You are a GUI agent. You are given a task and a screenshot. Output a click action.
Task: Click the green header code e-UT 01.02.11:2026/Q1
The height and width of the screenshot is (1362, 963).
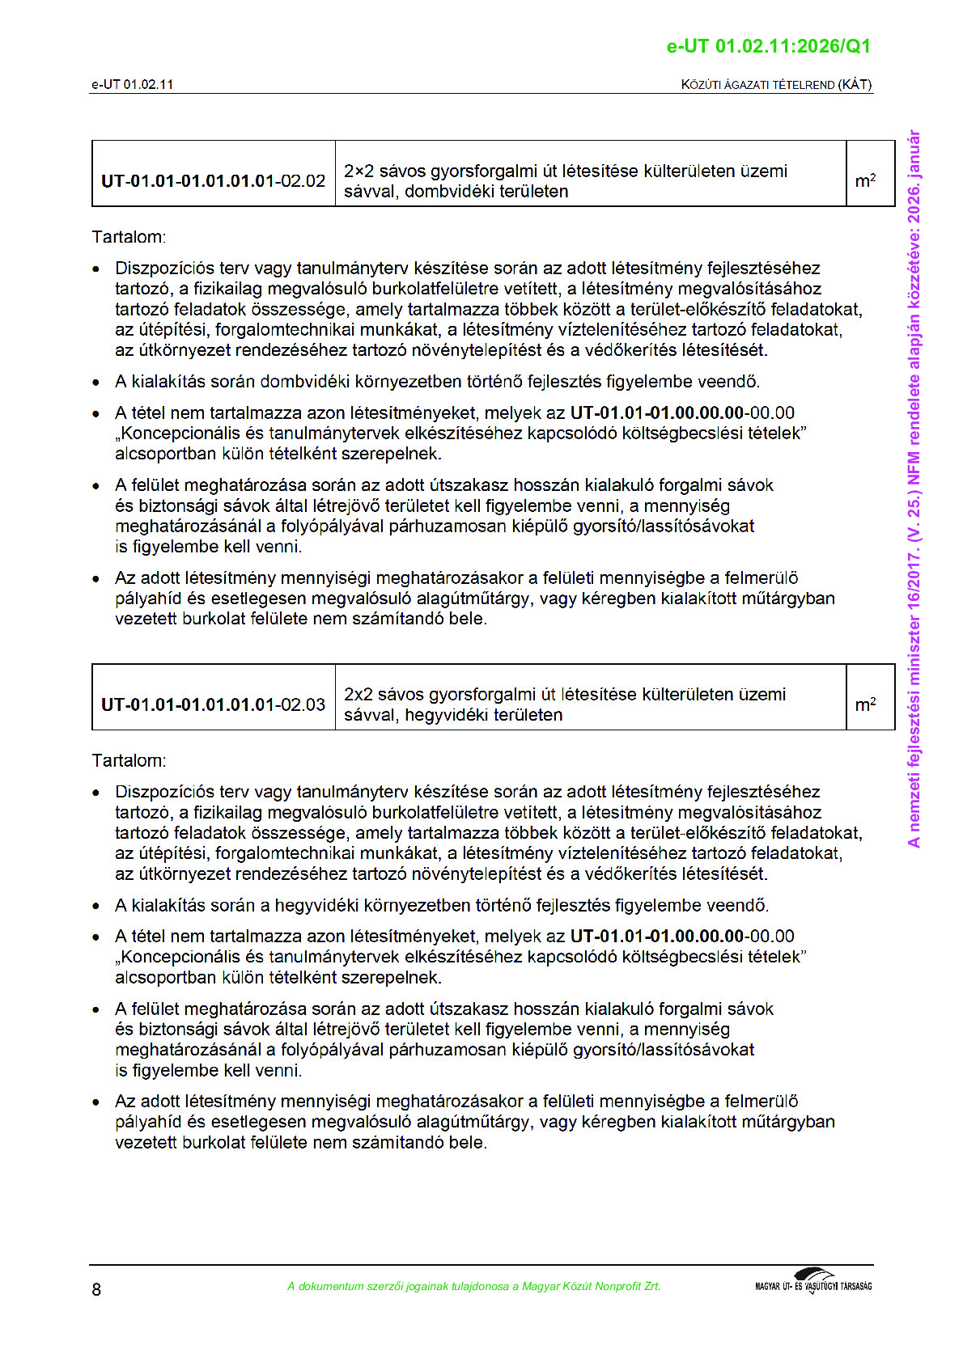coord(768,46)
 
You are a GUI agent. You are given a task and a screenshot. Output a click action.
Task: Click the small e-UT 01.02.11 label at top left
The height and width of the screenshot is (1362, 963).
coord(132,84)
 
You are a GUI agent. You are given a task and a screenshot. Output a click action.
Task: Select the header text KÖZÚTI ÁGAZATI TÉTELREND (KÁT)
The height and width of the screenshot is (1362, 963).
coord(776,84)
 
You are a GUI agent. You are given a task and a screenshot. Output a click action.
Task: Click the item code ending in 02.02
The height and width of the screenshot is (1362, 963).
coord(213,181)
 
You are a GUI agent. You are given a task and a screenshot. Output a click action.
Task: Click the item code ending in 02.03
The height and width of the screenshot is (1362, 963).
coord(213,704)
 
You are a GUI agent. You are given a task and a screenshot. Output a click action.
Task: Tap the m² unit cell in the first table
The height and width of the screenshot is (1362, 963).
coord(865,181)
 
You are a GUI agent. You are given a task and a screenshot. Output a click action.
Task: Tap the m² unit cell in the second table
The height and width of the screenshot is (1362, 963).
coord(865,704)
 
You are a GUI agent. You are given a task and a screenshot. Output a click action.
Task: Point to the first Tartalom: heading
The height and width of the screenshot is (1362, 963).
coord(129,237)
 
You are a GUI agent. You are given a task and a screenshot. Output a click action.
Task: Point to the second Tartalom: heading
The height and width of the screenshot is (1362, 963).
coord(129,760)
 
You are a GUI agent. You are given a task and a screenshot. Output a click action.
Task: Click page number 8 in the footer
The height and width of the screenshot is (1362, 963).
coord(96,1289)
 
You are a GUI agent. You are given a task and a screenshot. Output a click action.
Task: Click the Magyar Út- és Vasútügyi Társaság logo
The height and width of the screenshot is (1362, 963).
coord(813,1282)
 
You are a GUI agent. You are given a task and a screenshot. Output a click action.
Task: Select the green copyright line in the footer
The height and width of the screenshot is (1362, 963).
coord(473,1286)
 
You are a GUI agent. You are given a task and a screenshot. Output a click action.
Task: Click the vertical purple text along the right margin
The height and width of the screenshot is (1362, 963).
coord(914,489)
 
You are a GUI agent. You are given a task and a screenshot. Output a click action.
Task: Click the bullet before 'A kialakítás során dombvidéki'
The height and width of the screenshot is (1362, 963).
coord(97,382)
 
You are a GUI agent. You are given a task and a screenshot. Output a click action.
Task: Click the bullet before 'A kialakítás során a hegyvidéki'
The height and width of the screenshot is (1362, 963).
coord(97,906)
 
